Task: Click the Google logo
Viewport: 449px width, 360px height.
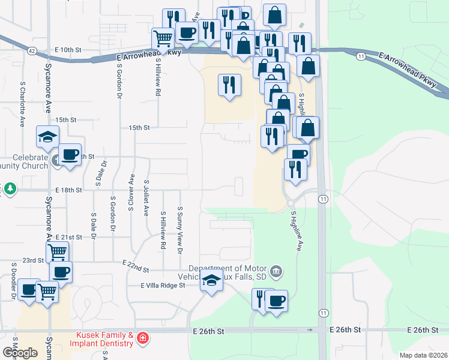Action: pyautogui.click(x=20, y=353)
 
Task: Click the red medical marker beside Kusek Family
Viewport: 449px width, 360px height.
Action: pyautogui.click(x=142, y=339)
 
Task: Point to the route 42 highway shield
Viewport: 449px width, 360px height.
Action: pyautogui.click(x=32, y=51)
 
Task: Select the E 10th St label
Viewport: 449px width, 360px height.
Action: pyautogui.click(x=67, y=49)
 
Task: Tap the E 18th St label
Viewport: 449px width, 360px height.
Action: pyautogui.click(x=68, y=190)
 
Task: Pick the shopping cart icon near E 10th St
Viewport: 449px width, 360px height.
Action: pyautogui.click(x=163, y=39)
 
